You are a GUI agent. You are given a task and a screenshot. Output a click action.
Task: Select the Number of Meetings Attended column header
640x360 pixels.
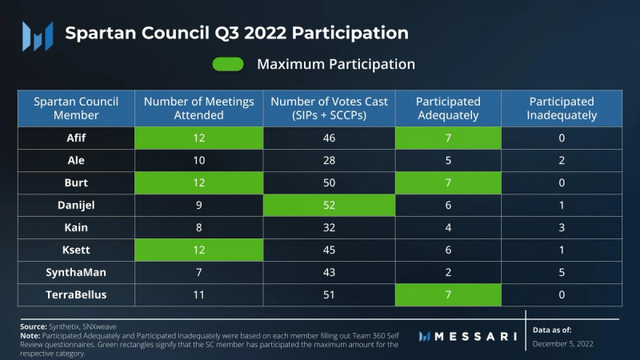tap(198, 108)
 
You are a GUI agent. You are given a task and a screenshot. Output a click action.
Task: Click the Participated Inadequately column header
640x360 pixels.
tap(562, 108)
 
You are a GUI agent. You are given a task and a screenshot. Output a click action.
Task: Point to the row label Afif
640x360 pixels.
tap(75, 137)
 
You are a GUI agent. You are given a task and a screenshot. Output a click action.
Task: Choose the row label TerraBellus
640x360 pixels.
tap(75, 294)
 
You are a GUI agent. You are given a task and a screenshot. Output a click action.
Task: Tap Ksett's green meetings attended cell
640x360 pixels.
tap(198, 249)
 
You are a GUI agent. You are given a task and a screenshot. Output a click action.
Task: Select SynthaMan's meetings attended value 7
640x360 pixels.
tap(198, 271)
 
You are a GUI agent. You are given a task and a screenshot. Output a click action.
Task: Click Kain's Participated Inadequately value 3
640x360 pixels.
tap(562, 226)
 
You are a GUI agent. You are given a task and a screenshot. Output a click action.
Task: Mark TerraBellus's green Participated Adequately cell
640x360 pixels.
tap(448, 294)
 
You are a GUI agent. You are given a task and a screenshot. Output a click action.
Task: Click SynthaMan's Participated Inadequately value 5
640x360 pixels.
tap(562, 271)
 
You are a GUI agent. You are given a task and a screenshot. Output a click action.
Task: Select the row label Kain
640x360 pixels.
tap(75, 226)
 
